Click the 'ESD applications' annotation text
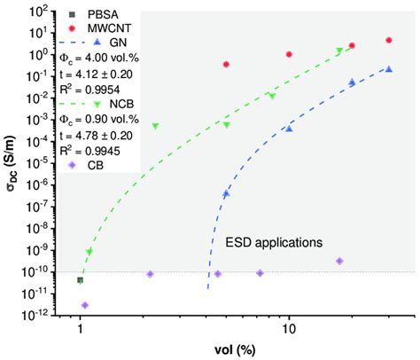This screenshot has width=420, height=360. point(274,240)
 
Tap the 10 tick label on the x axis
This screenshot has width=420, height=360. point(288,328)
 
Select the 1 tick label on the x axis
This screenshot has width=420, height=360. point(81,328)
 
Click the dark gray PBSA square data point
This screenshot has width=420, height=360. point(81,280)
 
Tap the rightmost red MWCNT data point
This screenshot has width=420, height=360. point(389,40)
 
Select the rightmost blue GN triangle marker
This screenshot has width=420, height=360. point(389,69)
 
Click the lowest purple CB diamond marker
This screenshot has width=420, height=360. point(85,305)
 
